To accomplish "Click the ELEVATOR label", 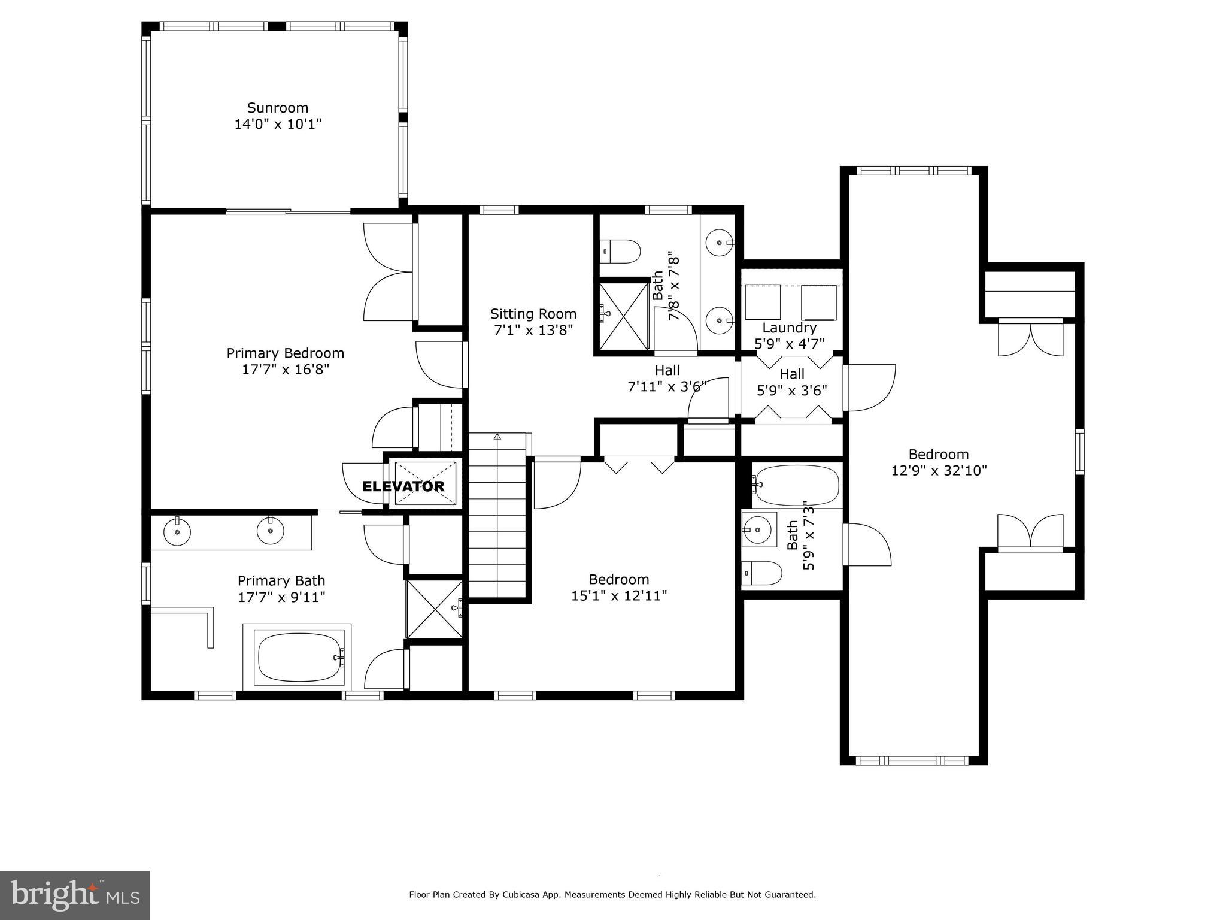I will pyautogui.click(x=403, y=486).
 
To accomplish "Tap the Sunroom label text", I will pyautogui.click(x=278, y=108).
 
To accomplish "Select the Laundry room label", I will pyautogui.click(x=789, y=328).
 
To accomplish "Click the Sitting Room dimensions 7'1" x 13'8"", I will pyautogui.click(x=533, y=330).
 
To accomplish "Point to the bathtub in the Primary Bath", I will pyautogui.click(x=298, y=657).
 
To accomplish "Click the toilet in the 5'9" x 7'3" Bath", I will pyautogui.click(x=761, y=574).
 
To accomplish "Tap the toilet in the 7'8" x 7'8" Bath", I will pyautogui.click(x=621, y=251).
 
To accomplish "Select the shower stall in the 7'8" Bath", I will pyautogui.click(x=624, y=316).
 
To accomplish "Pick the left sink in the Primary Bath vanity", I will pyautogui.click(x=177, y=531).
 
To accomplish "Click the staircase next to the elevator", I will pyautogui.click(x=497, y=515).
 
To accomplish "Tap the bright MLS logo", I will pyautogui.click(x=74, y=895).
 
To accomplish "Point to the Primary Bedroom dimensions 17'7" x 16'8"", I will pyautogui.click(x=286, y=370).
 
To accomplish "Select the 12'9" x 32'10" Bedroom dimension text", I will pyautogui.click(x=939, y=471).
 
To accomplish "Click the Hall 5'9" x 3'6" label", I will pyautogui.click(x=791, y=382).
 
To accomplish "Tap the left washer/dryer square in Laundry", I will pyautogui.click(x=762, y=302).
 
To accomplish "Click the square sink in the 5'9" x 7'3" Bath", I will pyautogui.click(x=759, y=529).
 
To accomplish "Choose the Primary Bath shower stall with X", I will pyautogui.click(x=435, y=609).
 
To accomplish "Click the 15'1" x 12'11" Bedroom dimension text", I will pyautogui.click(x=619, y=596).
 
